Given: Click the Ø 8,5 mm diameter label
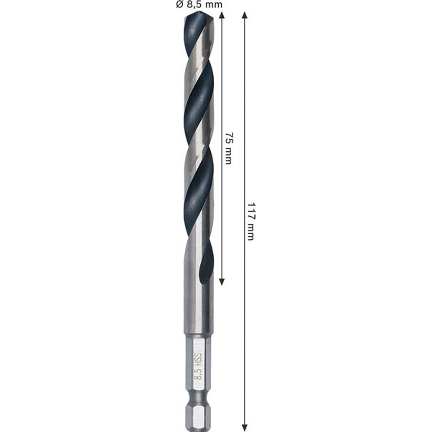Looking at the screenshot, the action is (199, 4).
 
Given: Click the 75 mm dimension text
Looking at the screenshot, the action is (228, 148).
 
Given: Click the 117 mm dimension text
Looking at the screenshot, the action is (251, 221).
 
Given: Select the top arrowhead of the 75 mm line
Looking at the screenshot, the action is (222, 15).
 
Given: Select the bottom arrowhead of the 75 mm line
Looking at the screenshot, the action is (222, 282).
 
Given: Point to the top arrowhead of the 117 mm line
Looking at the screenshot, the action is (245, 15).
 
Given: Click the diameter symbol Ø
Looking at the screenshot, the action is (180, 4).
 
